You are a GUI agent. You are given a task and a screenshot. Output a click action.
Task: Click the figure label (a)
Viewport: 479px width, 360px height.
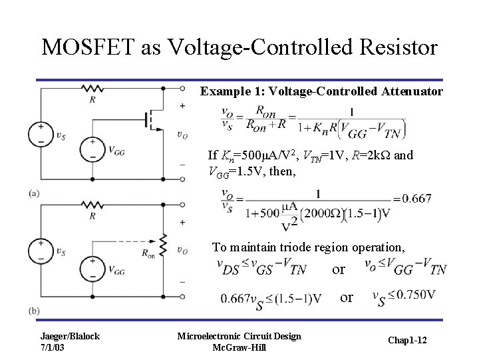coord(35,193)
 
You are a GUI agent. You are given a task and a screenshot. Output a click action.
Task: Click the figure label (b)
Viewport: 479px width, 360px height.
coord(35,311)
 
